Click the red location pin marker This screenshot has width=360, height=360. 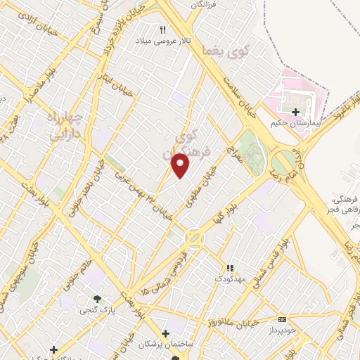[181, 164]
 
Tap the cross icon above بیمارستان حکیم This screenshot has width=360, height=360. [295, 111]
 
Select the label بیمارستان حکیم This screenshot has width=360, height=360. [295, 123]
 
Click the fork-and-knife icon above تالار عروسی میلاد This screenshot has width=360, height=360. [163, 30]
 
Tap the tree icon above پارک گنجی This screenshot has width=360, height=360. [97, 298]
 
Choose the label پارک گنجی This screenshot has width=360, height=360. [94, 309]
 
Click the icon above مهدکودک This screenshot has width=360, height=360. [229, 268]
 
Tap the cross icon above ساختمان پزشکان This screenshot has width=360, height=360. [166, 333]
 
